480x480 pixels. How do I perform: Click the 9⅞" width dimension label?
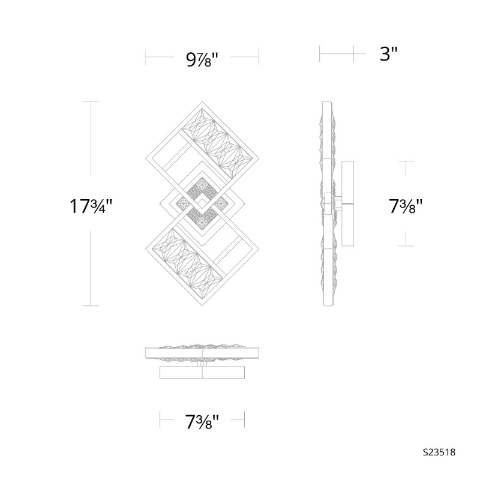click(x=202, y=59)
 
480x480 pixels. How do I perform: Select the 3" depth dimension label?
click(x=388, y=54)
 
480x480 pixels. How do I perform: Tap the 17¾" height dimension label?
click(x=91, y=206)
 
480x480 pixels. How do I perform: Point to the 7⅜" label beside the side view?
click(x=406, y=206)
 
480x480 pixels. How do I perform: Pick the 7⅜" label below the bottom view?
click(x=202, y=422)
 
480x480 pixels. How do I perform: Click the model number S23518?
click(x=439, y=452)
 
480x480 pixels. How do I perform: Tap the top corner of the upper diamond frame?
click(x=202, y=102)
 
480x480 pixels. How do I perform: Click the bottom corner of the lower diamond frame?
click(x=202, y=305)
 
